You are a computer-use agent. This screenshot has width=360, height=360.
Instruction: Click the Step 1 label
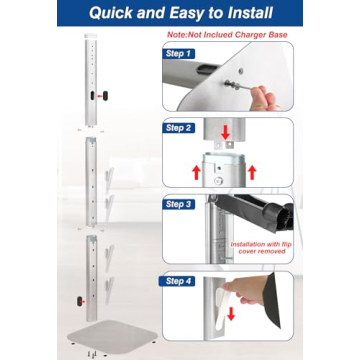(180, 52)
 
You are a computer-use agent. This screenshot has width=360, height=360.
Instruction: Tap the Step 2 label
(180, 128)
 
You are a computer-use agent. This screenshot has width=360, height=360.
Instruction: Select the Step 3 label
(180, 203)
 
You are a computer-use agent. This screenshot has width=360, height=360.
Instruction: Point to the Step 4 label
(180, 281)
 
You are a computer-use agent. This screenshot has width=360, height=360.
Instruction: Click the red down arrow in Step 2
(224, 134)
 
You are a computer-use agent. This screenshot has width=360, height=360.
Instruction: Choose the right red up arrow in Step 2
(253, 171)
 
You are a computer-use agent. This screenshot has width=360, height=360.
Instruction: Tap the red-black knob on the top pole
(99, 95)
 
